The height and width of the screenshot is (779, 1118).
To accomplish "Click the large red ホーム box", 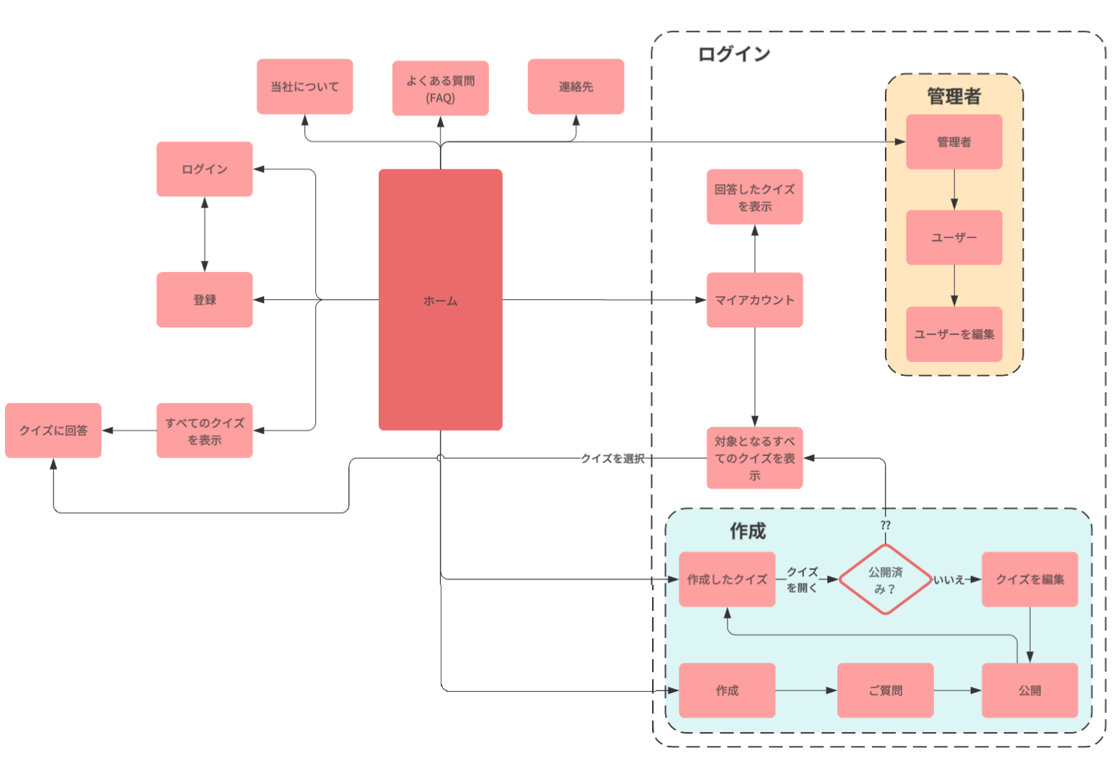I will (440, 299).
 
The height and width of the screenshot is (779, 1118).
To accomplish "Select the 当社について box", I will (304, 87).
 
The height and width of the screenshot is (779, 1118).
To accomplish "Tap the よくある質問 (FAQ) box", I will (440, 88).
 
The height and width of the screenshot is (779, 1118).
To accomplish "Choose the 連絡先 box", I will (576, 87).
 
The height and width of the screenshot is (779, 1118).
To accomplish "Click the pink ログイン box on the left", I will (204, 169).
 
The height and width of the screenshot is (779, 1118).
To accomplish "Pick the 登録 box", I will (204, 299).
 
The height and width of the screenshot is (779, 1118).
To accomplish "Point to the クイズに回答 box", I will (53, 431).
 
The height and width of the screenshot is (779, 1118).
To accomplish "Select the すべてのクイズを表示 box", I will (204, 431).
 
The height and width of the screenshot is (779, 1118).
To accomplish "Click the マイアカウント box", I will (754, 299).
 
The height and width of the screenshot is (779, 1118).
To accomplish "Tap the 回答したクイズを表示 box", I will (754, 197).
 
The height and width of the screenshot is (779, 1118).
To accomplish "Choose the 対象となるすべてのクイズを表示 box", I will (754, 458).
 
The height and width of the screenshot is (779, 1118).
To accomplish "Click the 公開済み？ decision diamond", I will (885, 579).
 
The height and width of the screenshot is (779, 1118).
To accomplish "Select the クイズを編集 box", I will (1029, 579).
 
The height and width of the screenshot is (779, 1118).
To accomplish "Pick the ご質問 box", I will (885, 690).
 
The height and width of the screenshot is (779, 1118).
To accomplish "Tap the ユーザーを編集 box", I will (954, 334).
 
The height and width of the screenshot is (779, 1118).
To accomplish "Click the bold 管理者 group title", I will (954, 96).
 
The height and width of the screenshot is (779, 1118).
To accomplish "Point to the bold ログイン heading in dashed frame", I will (734, 54).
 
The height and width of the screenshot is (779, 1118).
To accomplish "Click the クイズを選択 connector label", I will (612, 459).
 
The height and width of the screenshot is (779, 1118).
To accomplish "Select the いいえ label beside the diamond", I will (949, 580).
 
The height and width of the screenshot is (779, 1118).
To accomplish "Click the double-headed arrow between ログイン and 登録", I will (205, 234).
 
